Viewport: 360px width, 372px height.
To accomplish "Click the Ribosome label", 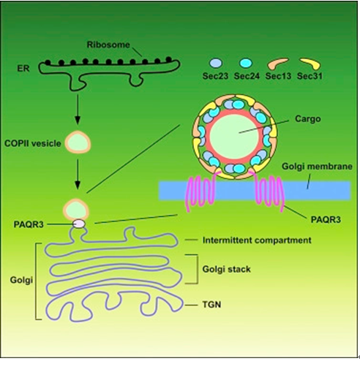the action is [x=108, y=45].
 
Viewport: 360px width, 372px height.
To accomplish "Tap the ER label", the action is [x=23, y=69].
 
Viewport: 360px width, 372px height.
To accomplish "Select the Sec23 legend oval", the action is [x=216, y=63].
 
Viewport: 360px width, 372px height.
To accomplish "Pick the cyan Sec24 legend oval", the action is [x=246, y=63].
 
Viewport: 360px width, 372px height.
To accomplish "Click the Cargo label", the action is [x=308, y=119].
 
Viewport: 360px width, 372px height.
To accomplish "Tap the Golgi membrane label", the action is [x=317, y=167].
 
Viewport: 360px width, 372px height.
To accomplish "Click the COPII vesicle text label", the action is [x=33, y=143].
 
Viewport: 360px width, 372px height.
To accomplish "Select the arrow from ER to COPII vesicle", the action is [x=78, y=110].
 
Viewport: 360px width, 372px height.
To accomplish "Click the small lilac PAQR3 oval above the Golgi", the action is [x=79, y=224].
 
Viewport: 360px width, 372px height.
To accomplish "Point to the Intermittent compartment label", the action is [x=257, y=240].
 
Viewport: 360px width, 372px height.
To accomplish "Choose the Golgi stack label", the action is [x=227, y=269].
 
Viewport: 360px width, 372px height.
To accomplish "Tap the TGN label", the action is [x=211, y=305].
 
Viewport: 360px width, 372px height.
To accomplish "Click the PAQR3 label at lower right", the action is [x=326, y=220].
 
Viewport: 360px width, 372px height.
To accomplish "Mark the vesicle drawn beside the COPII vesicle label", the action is [x=78, y=143].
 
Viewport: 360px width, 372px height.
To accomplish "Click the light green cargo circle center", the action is [x=234, y=137].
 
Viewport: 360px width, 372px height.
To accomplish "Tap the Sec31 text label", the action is [x=310, y=76].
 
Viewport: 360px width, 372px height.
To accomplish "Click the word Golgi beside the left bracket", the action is [x=21, y=280].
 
